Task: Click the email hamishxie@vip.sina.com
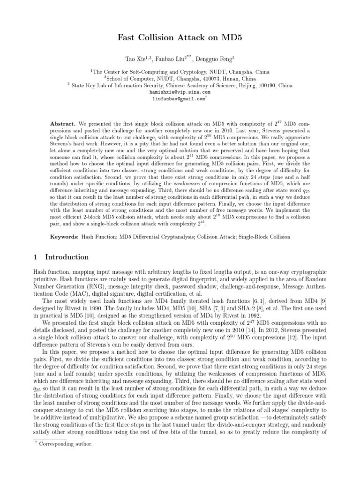[x=180, y=93]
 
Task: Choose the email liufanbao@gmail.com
[x=179, y=99]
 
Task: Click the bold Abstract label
[x=63, y=123]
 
